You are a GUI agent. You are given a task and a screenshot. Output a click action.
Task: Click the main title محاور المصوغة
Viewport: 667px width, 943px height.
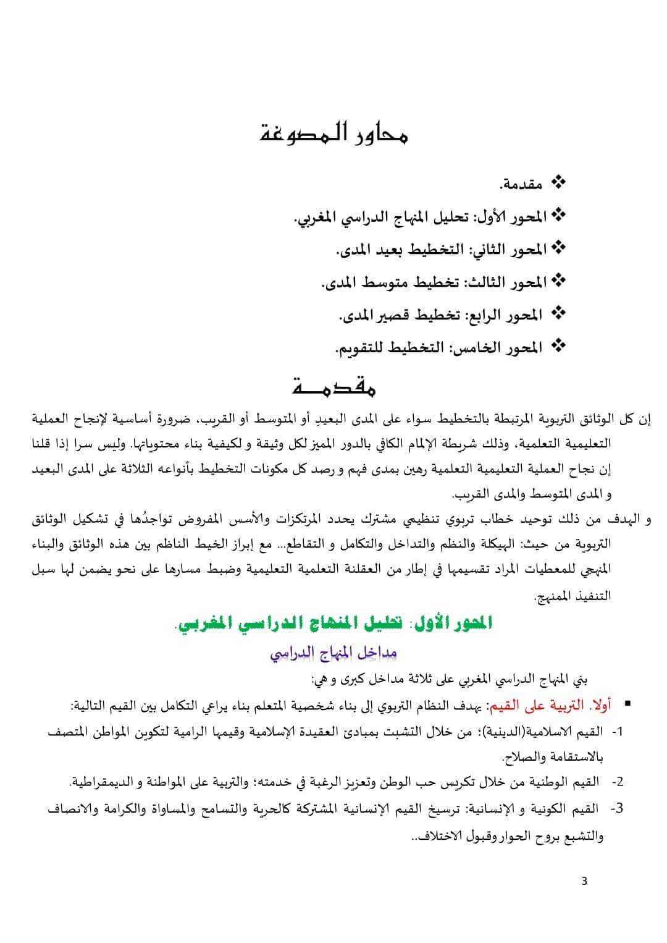click(333, 134)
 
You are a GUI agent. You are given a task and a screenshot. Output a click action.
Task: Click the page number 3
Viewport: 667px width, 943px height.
click(584, 881)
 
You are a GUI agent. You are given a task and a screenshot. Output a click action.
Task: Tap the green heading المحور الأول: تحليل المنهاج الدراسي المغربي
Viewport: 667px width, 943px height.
click(334, 624)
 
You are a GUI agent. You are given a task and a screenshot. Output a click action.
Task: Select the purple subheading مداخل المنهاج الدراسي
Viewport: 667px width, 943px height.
click(333, 653)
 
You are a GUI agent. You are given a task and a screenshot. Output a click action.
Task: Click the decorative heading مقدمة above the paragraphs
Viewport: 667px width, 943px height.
click(333, 387)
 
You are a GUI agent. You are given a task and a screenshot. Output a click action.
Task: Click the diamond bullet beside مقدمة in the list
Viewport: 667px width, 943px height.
click(558, 183)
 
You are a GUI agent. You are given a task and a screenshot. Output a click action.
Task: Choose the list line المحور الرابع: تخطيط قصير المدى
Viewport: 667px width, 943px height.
click(442, 315)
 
